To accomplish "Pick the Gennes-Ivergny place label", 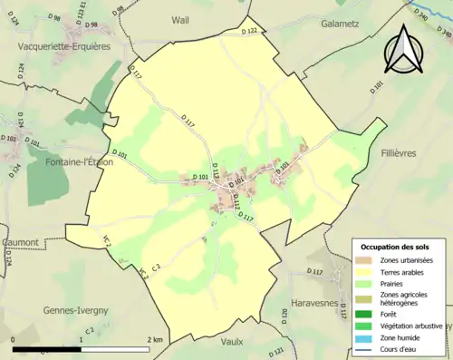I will pyautogui.click(x=75, y=310).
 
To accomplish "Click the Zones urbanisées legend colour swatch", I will pyautogui.click(x=365, y=261).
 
